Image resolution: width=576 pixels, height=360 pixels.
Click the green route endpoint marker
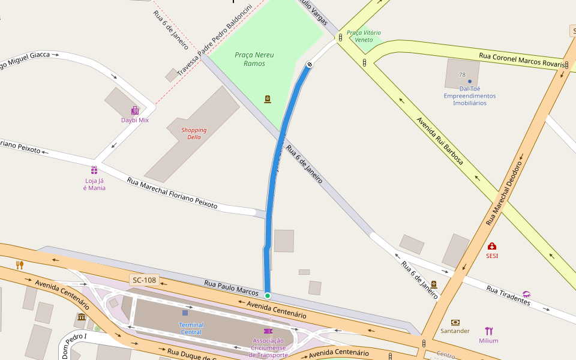(x=268, y=295)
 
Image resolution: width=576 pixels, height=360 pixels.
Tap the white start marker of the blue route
(x=310, y=64)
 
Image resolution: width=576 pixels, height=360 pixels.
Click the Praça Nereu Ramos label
(x=254, y=59)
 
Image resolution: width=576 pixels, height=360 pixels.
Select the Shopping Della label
(x=194, y=133)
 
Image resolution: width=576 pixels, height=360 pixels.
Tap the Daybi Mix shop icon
(x=135, y=110)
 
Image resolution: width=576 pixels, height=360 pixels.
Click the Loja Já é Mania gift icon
(x=94, y=170)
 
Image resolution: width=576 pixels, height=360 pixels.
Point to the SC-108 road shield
(x=144, y=280)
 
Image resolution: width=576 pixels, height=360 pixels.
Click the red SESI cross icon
(x=492, y=246)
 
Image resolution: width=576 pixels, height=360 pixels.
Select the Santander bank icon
(x=455, y=322)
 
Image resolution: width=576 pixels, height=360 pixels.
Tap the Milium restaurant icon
(x=488, y=331)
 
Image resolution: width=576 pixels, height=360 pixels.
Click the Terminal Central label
(x=191, y=328)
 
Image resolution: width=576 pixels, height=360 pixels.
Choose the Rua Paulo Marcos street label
(x=231, y=287)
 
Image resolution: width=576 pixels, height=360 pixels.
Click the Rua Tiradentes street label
(x=508, y=295)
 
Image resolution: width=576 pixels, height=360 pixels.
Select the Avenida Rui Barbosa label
(x=439, y=140)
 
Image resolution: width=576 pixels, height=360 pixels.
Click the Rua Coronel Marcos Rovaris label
(x=521, y=59)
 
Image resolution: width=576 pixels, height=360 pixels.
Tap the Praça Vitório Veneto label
(x=364, y=36)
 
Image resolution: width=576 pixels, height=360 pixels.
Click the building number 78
(x=462, y=74)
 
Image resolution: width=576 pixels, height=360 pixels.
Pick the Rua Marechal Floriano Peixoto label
(x=172, y=193)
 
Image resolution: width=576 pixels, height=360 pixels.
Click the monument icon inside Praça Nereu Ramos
(x=268, y=99)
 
